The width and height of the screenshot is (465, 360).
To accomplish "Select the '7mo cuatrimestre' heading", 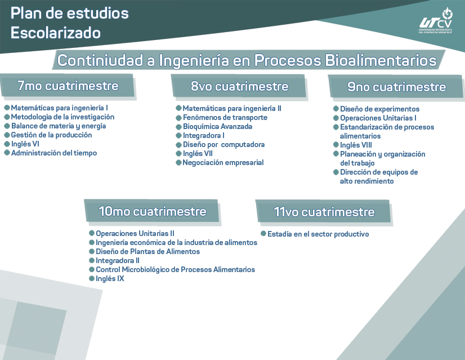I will (x=68, y=86).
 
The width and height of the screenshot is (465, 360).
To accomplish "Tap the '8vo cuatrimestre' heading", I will (x=239, y=87).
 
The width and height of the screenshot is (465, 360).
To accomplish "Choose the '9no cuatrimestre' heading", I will (x=396, y=87).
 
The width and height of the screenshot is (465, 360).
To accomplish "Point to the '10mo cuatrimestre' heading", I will (x=152, y=212).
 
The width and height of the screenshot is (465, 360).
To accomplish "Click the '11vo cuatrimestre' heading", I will (x=324, y=212).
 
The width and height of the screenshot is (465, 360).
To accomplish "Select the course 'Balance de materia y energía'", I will (x=59, y=126).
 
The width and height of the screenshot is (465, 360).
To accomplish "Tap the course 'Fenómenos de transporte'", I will (x=225, y=118).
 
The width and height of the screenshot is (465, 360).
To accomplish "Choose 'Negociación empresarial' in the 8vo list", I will (x=223, y=163).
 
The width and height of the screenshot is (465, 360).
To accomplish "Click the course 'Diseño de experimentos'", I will (x=379, y=109).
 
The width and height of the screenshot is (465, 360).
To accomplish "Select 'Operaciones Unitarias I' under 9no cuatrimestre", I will (x=378, y=118).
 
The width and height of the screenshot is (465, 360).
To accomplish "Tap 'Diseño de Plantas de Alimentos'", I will (x=147, y=252).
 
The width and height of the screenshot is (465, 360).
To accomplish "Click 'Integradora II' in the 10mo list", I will (x=117, y=261).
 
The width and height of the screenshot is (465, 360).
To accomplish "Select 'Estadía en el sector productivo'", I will (x=318, y=234).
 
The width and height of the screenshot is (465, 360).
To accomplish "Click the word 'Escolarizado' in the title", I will (x=56, y=33).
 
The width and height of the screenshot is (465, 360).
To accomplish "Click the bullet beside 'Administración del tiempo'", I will (x=7, y=153).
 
